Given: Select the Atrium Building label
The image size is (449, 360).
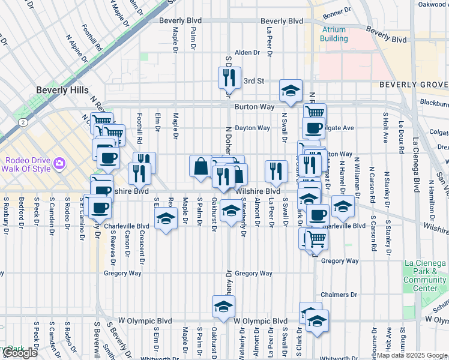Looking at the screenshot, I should pyautogui.click(x=334, y=34).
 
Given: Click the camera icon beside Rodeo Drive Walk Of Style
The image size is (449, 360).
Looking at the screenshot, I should pyautogui.click(x=59, y=163).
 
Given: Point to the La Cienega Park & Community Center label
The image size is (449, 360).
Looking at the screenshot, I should pyautogui.click(x=424, y=275).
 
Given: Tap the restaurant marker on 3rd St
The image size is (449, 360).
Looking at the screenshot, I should pyautogui.click(x=229, y=77).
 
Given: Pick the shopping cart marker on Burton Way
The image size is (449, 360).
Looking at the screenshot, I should pyautogui.click(x=315, y=112).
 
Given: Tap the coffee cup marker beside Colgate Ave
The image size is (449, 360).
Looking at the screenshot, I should pyautogui.click(x=313, y=127).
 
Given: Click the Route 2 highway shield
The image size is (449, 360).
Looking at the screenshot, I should pyautogui.click(x=22, y=122).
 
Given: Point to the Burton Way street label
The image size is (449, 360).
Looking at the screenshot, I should pyautogui.click(x=255, y=107).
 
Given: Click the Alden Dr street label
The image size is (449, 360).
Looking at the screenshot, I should pyautogui.click(x=247, y=53).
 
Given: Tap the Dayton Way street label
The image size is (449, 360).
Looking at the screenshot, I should pyautogui.click(x=252, y=128).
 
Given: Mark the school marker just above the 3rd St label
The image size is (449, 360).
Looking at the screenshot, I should pyautogui.click(x=291, y=91).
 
